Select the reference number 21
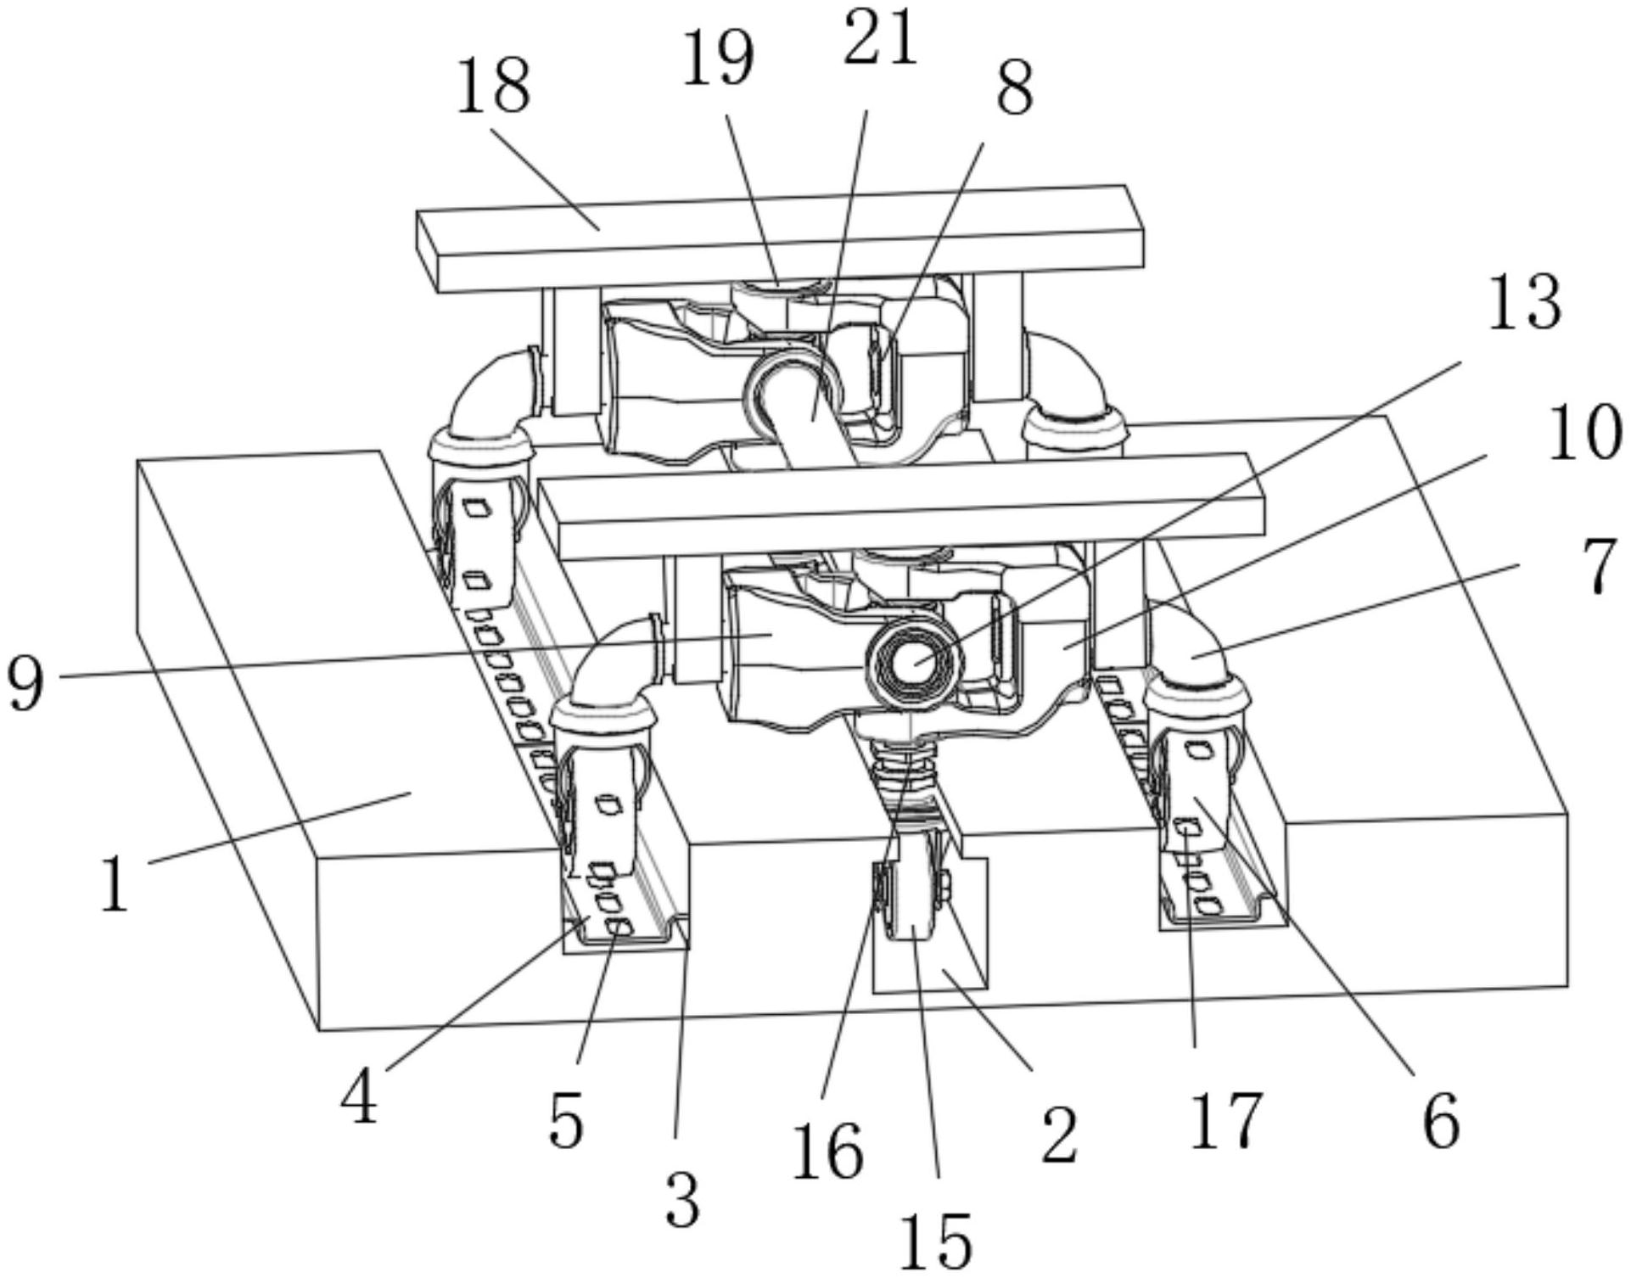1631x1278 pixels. [x=880, y=39]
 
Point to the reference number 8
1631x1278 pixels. [x=1015, y=90]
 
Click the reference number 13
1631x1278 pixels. [x=1524, y=304]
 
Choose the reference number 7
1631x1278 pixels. [x=1600, y=568]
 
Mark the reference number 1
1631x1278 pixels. [x=115, y=883]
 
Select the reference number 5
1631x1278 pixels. [x=566, y=1120]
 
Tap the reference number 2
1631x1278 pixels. [x=1058, y=1133]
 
